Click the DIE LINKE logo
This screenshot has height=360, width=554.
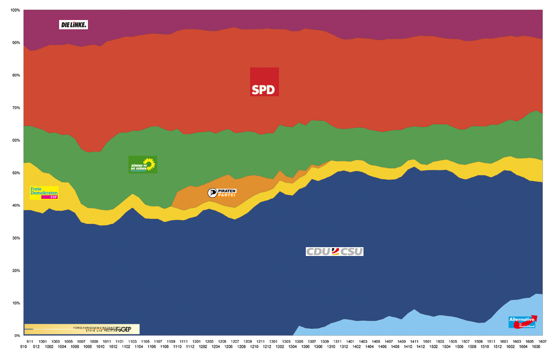[73, 24]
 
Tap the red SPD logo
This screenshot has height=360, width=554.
[264, 82]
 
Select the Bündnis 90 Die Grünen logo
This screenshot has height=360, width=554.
[143, 165]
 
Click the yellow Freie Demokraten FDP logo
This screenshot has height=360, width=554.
[44, 192]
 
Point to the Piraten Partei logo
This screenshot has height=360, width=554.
[222, 192]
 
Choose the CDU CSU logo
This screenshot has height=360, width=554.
[335, 252]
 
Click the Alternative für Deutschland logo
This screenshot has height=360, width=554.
[522, 322]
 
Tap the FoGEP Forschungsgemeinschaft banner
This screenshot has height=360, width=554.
[82, 329]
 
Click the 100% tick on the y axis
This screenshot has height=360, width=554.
[15, 10]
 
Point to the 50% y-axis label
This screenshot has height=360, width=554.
[16, 173]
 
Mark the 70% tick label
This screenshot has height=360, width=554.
[16, 108]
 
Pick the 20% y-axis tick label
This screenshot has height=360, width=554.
[16, 271]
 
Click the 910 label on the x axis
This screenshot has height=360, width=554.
[24, 347]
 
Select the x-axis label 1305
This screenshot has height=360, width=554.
[299, 341]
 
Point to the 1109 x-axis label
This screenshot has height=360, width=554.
[171, 341]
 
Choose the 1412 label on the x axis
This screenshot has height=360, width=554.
[420, 347]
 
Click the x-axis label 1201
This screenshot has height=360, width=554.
[196, 341]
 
